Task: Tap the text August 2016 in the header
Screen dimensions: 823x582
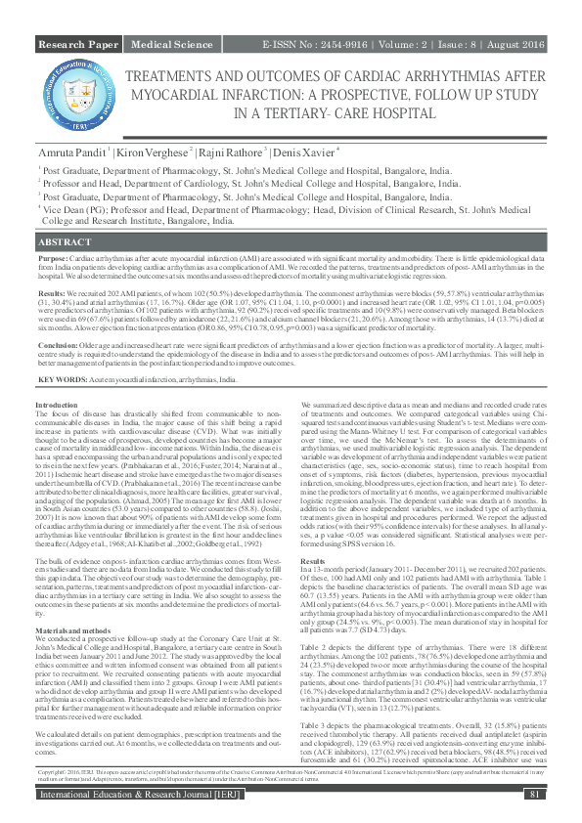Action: coord(514,45)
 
